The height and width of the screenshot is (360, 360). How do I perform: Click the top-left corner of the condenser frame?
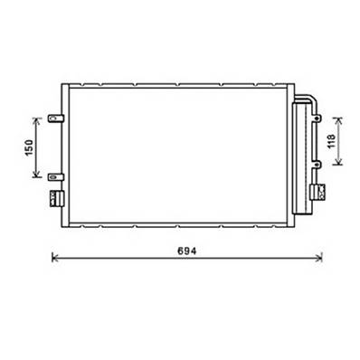pyautogui.click(x=62, y=84)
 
